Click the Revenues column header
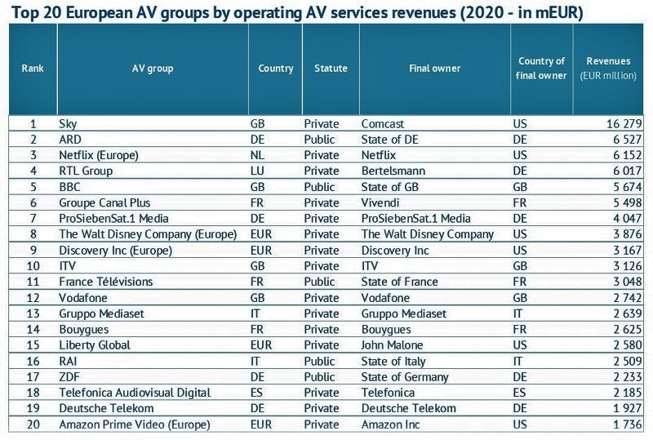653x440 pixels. tap(608, 61)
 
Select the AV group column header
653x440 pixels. tap(152, 69)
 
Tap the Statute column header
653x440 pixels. tap(331, 69)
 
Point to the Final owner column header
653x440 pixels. tap(434, 69)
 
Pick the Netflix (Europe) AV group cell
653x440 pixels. tap(99, 155)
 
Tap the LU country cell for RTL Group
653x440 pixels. tap(257, 171)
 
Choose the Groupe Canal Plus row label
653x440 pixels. tap(104, 202)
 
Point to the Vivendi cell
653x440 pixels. tap(381, 202)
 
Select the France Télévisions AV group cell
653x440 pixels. tap(106, 282)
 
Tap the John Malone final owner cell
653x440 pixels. tap(393, 345)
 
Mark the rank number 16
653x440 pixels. tap(33, 361)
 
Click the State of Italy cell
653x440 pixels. tap(393, 361)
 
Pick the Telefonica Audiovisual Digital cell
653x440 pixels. tap(135, 393)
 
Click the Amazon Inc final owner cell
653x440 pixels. tap(390, 424)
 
